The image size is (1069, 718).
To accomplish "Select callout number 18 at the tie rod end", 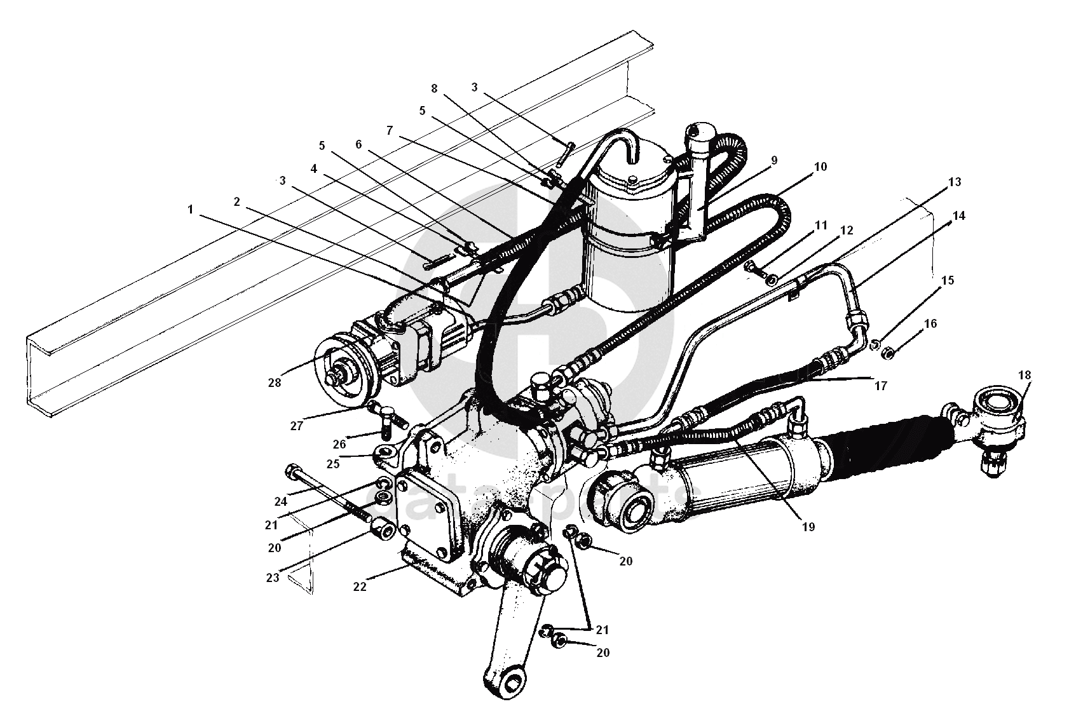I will tap(1024, 375).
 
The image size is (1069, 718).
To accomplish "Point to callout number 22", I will tap(360, 586).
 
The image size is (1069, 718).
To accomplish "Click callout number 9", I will tap(774, 161).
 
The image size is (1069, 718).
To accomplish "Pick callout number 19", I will tap(808, 526).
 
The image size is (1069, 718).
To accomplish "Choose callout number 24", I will tap(281, 501).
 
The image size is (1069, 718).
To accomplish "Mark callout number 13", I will tap(954, 182).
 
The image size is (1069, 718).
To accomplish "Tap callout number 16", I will tap(930, 324).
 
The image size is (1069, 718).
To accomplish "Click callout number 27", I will tap(297, 426).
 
